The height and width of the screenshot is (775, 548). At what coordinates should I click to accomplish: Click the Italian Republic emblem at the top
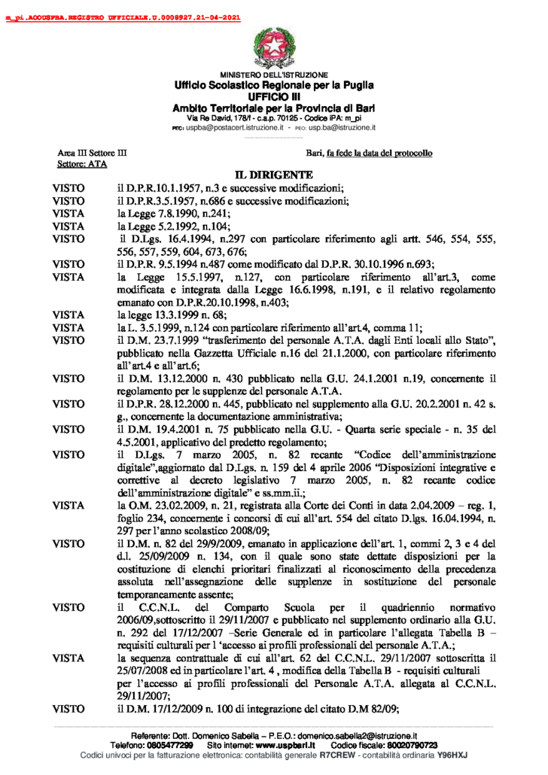click(x=274, y=46)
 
